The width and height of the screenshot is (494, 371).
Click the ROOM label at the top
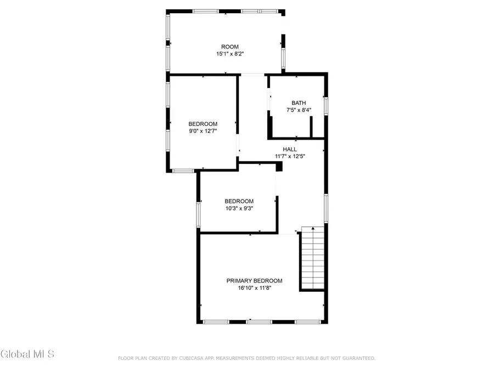coord(229,47)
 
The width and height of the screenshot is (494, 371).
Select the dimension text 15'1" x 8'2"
coord(229,54)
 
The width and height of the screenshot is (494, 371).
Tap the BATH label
coord(299,103)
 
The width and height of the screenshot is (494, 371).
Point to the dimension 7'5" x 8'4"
coord(299,110)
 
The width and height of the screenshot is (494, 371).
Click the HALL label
coord(290,149)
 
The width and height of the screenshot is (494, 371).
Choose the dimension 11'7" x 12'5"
coord(290,156)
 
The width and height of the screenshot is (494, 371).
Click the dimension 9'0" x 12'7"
coord(203,131)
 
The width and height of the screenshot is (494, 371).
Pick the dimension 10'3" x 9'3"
coord(239,208)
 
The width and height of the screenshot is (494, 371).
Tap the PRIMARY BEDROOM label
coord(254,280)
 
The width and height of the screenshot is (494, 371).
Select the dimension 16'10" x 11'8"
coord(254,287)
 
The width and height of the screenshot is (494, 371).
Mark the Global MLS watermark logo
coord(27,353)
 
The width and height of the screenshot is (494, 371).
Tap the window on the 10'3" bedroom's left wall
coord(199,214)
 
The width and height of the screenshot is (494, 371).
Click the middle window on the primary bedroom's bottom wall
coord(259,322)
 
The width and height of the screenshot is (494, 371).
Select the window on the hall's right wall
coord(325,208)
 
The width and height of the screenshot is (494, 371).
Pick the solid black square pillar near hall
coord(279,166)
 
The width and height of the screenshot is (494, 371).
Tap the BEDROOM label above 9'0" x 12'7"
coord(203,124)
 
